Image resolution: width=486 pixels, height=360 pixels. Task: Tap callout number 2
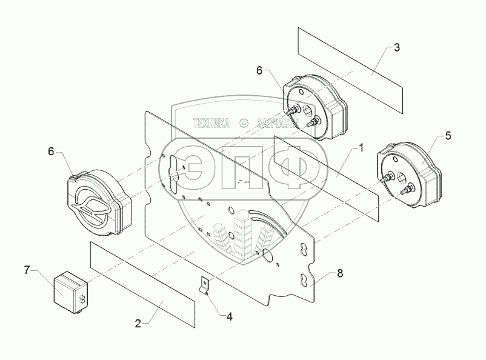click(138, 324)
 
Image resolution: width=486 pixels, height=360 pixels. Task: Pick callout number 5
click(447, 136)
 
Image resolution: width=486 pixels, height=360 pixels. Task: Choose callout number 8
click(340, 273)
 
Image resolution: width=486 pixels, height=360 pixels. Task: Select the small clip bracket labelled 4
click(205, 285)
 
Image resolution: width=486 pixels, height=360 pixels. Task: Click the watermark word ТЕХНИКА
click(211, 123)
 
